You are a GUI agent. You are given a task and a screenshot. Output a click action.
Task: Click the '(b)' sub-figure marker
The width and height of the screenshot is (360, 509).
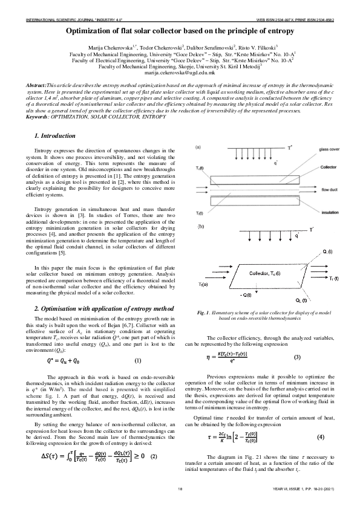(x=198, y=226)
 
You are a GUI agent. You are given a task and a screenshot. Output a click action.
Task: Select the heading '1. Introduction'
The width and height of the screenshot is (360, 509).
(x=54, y=135)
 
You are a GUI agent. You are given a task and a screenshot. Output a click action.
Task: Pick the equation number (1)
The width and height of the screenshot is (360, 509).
(x=137, y=361)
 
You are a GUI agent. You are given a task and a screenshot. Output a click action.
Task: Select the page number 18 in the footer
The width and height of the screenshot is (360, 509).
(x=180, y=488)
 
